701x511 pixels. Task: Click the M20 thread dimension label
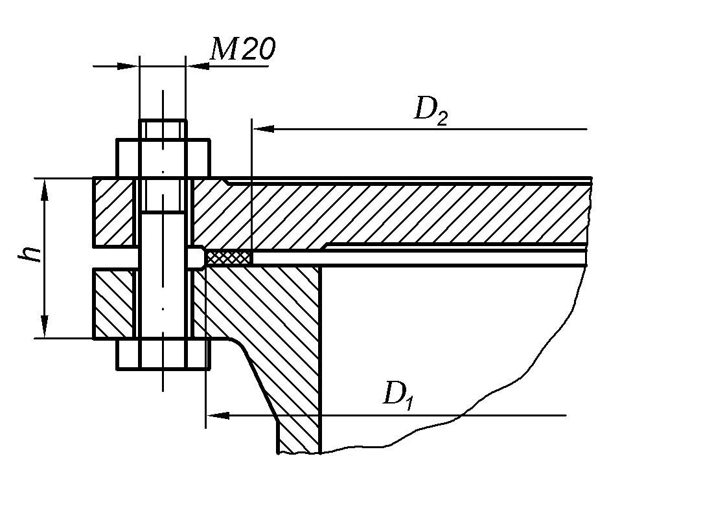pos(243,49)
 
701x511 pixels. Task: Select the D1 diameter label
pos(398,394)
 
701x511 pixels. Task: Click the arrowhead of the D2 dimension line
pos(263,129)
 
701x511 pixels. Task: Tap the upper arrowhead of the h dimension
pos(45,188)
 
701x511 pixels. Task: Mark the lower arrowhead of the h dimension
pos(45,326)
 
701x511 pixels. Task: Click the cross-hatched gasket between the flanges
pos(227,257)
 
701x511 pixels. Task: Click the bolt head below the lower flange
pos(163,354)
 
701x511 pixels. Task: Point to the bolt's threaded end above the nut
pos(163,129)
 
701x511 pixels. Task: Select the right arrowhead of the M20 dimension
pos(196,65)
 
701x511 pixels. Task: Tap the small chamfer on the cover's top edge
pos(224,181)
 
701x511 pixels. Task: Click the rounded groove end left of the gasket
pos(194,258)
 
